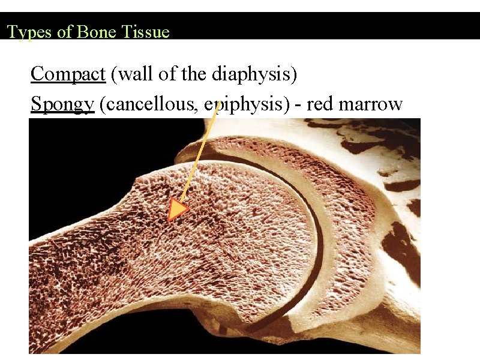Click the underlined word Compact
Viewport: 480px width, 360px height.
click(x=68, y=74)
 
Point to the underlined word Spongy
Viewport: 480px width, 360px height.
click(x=63, y=104)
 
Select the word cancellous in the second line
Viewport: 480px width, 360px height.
click(x=150, y=104)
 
